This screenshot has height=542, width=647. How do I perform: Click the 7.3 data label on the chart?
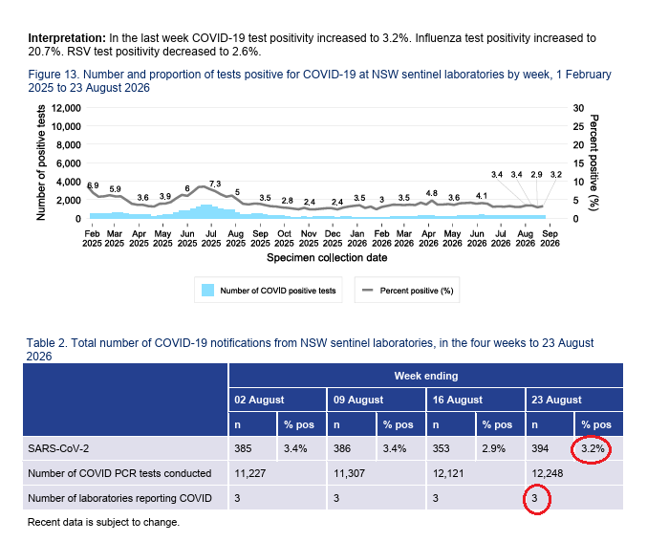(x=215, y=184)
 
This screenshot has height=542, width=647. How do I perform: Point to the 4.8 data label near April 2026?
(x=432, y=193)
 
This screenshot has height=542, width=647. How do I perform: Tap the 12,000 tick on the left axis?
(x=66, y=108)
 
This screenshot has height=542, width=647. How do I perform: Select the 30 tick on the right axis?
(x=578, y=108)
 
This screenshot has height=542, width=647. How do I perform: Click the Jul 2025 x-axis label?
(x=211, y=239)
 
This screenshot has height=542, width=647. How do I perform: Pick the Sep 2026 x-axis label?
(x=550, y=239)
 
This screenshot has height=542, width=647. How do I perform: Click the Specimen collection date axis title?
(x=327, y=258)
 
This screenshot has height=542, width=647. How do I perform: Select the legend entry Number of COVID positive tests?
(x=269, y=291)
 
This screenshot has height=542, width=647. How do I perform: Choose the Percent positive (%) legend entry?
(x=407, y=291)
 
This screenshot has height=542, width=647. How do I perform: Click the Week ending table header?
(x=426, y=376)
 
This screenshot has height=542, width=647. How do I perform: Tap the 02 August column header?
(x=259, y=400)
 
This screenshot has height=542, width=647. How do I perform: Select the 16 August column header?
(x=457, y=400)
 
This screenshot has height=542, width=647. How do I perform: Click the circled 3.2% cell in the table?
(x=593, y=448)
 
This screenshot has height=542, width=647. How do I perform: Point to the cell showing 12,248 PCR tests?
(x=548, y=473)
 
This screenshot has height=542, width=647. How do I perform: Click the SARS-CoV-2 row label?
(x=58, y=448)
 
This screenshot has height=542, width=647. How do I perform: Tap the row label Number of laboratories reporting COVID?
(x=119, y=498)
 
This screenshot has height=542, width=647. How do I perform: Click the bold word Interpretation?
(x=67, y=38)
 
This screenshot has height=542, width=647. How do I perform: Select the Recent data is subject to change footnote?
(x=103, y=522)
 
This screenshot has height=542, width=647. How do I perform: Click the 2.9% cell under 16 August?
(x=493, y=448)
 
